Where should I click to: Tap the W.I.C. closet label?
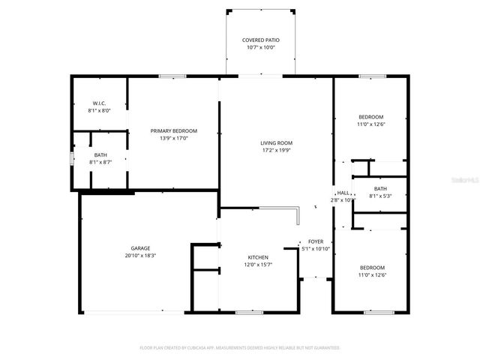pyautogui.click(x=99, y=103)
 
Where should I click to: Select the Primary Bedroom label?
pyautogui.click(x=173, y=130)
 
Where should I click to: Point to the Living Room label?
pyautogui.click(x=276, y=142)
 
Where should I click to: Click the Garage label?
pyautogui.click(x=141, y=248)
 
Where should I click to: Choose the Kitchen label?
pyautogui.click(x=258, y=257)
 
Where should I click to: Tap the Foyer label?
pyautogui.click(x=315, y=241)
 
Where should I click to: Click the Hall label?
pyautogui.click(x=343, y=193)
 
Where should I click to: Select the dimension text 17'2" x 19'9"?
pyautogui.click(x=276, y=150)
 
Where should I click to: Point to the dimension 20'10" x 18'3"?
pyautogui.click(x=141, y=256)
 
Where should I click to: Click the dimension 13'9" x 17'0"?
pyautogui.click(x=173, y=138)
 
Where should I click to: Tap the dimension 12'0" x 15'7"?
pyautogui.click(x=258, y=265)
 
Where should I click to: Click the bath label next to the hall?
pyautogui.click(x=380, y=188)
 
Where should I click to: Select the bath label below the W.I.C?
pyautogui.click(x=100, y=155)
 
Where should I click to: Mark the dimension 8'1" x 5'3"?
pyautogui.click(x=380, y=196)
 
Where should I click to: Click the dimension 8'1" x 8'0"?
pyautogui.click(x=99, y=110)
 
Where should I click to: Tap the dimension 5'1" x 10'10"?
pyautogui.click(x=315, y=249)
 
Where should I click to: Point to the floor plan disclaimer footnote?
pyautogui.click(x=240, y=348)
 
